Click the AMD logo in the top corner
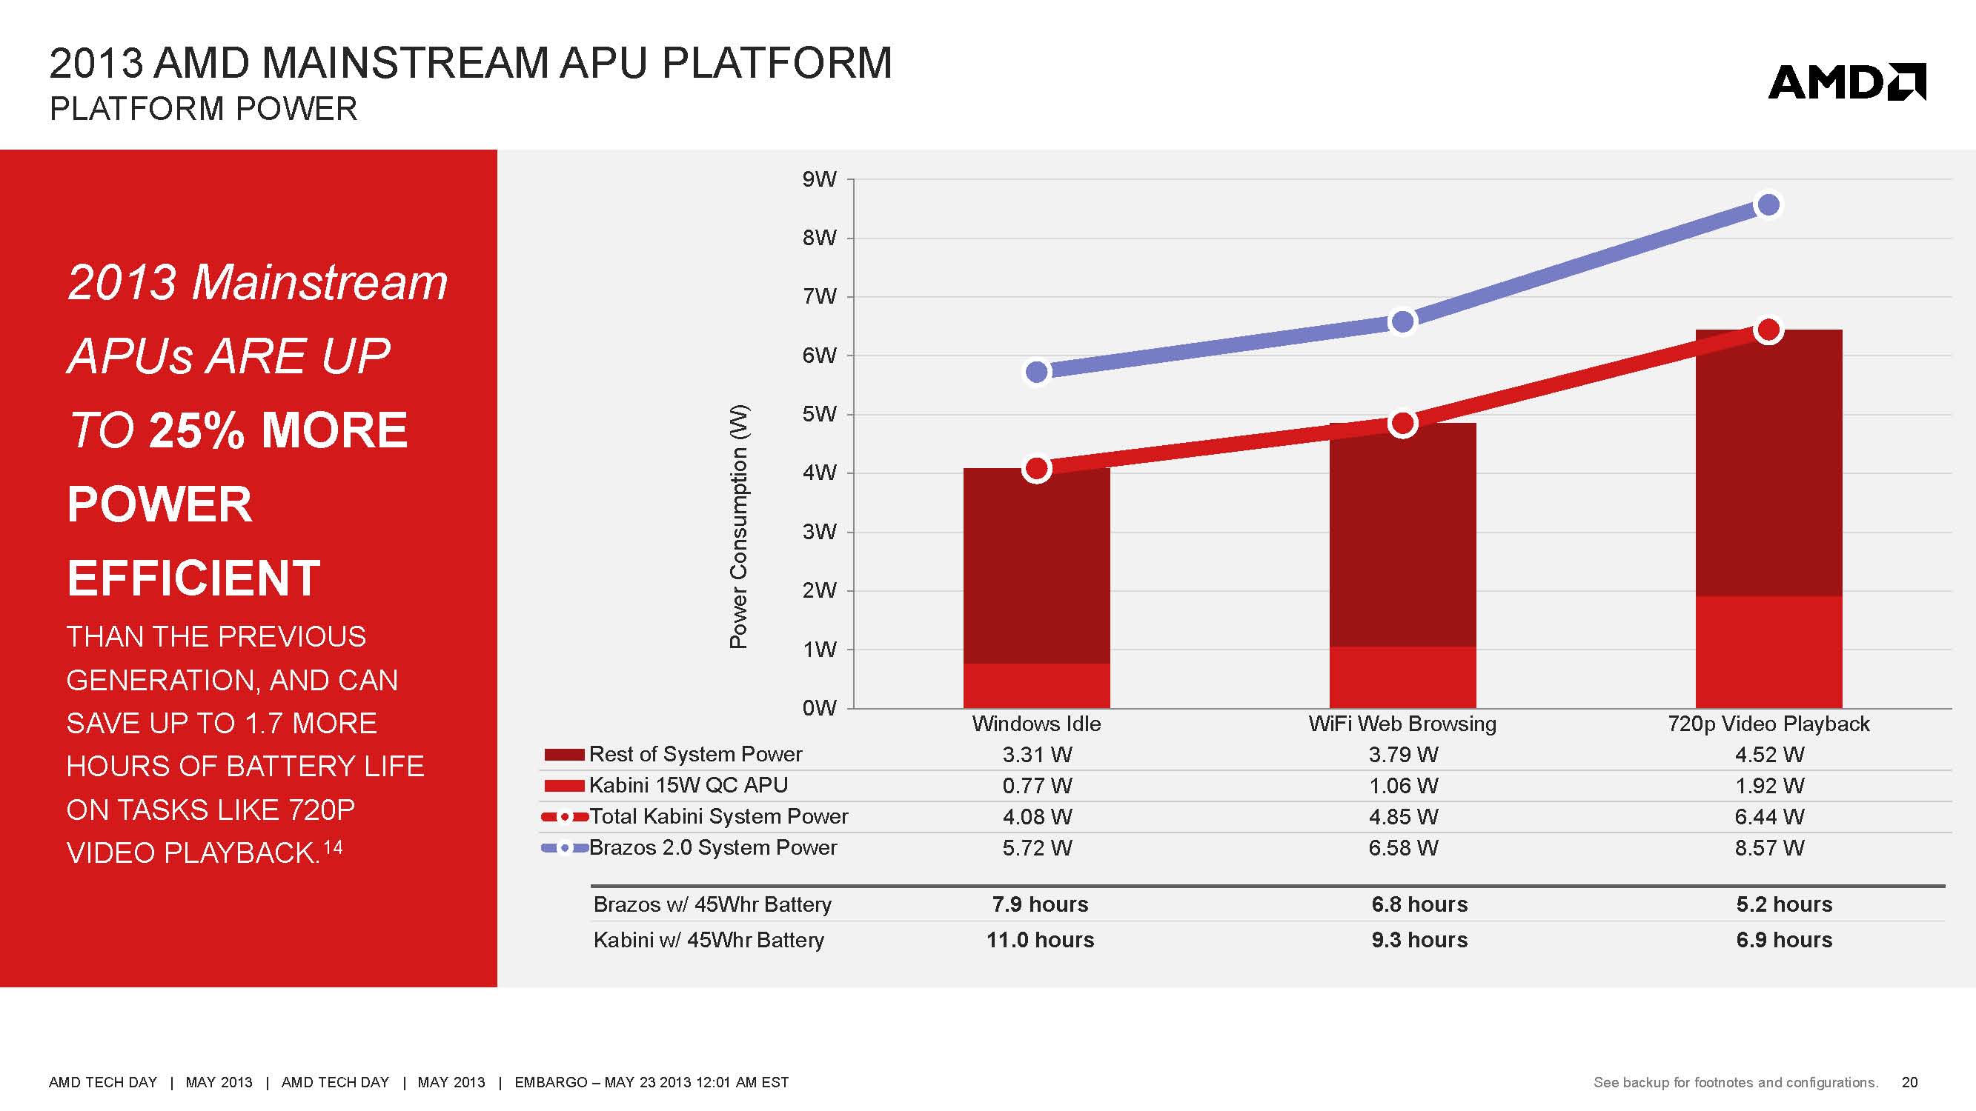tap(1846, 83)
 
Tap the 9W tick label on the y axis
tap(818, 179)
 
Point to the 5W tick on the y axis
tap(818, 414)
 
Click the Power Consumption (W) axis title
tap(738, 526)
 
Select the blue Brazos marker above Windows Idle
tap(1036, 372)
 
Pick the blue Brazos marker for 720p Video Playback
tap(1768, 204)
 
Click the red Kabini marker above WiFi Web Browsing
tap(1402, 423)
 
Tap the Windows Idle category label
tap(1035, 724)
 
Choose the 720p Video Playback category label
tap(1768, 724)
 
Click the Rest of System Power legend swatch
tap(564, 755)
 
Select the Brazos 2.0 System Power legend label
tap(712, 847)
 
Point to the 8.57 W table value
tap(1769, 848)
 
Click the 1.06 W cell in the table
tap(1403, 786)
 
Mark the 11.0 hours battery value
tap(1039, 940)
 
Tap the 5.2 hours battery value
tap(1783, 905)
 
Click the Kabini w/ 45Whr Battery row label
tap(708, 940)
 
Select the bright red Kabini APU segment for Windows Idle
tap(1036, 685)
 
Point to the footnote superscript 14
tap(333, 847)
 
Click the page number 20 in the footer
tap(1909, 1083)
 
